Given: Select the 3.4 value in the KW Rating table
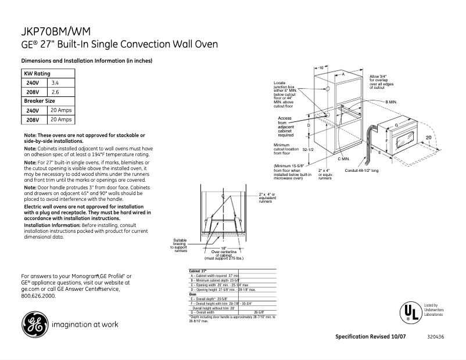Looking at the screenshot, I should click(56, 83).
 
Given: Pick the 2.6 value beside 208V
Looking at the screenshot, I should click(56, 92).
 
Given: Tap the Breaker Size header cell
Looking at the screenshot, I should click(39, 101).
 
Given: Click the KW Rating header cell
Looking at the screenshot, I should click(37, 74).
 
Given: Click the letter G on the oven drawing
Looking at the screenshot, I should click(396, 126).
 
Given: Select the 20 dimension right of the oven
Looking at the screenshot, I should click(428, 137).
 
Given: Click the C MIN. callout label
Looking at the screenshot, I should click(343, 159).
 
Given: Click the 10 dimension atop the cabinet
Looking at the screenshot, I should click(320, 68).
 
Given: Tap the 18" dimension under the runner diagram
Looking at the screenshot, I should click(223, 248).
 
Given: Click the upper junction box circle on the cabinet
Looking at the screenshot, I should click(327, 90).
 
